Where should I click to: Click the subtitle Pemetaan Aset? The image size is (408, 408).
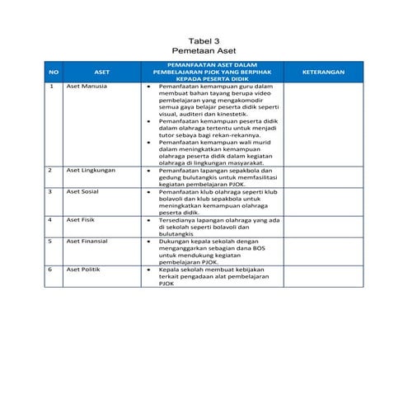point(204,50)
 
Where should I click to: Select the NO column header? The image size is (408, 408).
point(53,72)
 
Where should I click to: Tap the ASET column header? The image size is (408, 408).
point(102,72)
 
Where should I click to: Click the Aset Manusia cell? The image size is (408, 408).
point(86,86)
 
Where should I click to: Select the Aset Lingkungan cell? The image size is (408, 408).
point(91,170)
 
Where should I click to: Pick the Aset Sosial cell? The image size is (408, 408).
point(82,191)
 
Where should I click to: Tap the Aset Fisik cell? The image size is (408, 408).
point(81,220)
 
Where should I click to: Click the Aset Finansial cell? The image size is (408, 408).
point(87,242)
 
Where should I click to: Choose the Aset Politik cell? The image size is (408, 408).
point(84,270)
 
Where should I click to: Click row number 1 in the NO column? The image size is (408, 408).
point(50,86)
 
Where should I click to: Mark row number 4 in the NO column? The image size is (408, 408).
point(50,220)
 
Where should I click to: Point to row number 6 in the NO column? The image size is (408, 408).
point(50,270)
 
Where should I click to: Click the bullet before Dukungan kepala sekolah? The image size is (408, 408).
point(148,242)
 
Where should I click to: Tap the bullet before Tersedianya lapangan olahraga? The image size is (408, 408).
point(148,220)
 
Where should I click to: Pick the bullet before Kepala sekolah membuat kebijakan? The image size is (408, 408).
point(148,270)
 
